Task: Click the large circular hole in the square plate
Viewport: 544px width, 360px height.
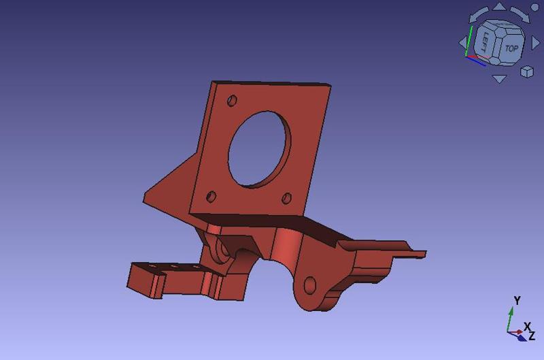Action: pyautogui.click(x=260, y=149)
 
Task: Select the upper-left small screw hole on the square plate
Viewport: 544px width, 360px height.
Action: pyautogui.click(x=232, y=101)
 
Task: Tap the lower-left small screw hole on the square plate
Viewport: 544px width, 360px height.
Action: pyautogui.click(x=211, y=197)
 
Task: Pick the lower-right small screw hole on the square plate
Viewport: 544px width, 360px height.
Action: pyautogui.click(x=286, y=198)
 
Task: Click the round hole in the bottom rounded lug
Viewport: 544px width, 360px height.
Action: pyautogui.click(x=309, y=284)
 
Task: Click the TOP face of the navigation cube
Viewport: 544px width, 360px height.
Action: pyautogui.click(x=511, y=48)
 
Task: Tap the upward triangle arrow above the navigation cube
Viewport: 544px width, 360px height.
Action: pyautogui.click(x=499, y=7)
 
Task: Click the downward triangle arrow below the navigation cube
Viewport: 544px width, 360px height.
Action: pyautogui.click(x=499, y=79)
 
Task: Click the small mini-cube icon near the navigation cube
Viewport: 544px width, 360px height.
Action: pyautogui.click(x=527, y=71)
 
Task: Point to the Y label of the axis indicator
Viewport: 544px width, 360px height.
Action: pyautogui.click(x=517, y=301)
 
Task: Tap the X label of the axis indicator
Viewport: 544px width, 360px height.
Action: pyautogui.click(x=527, y=327)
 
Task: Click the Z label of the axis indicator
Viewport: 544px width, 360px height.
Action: pyautogui.click(x=532, y=336)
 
